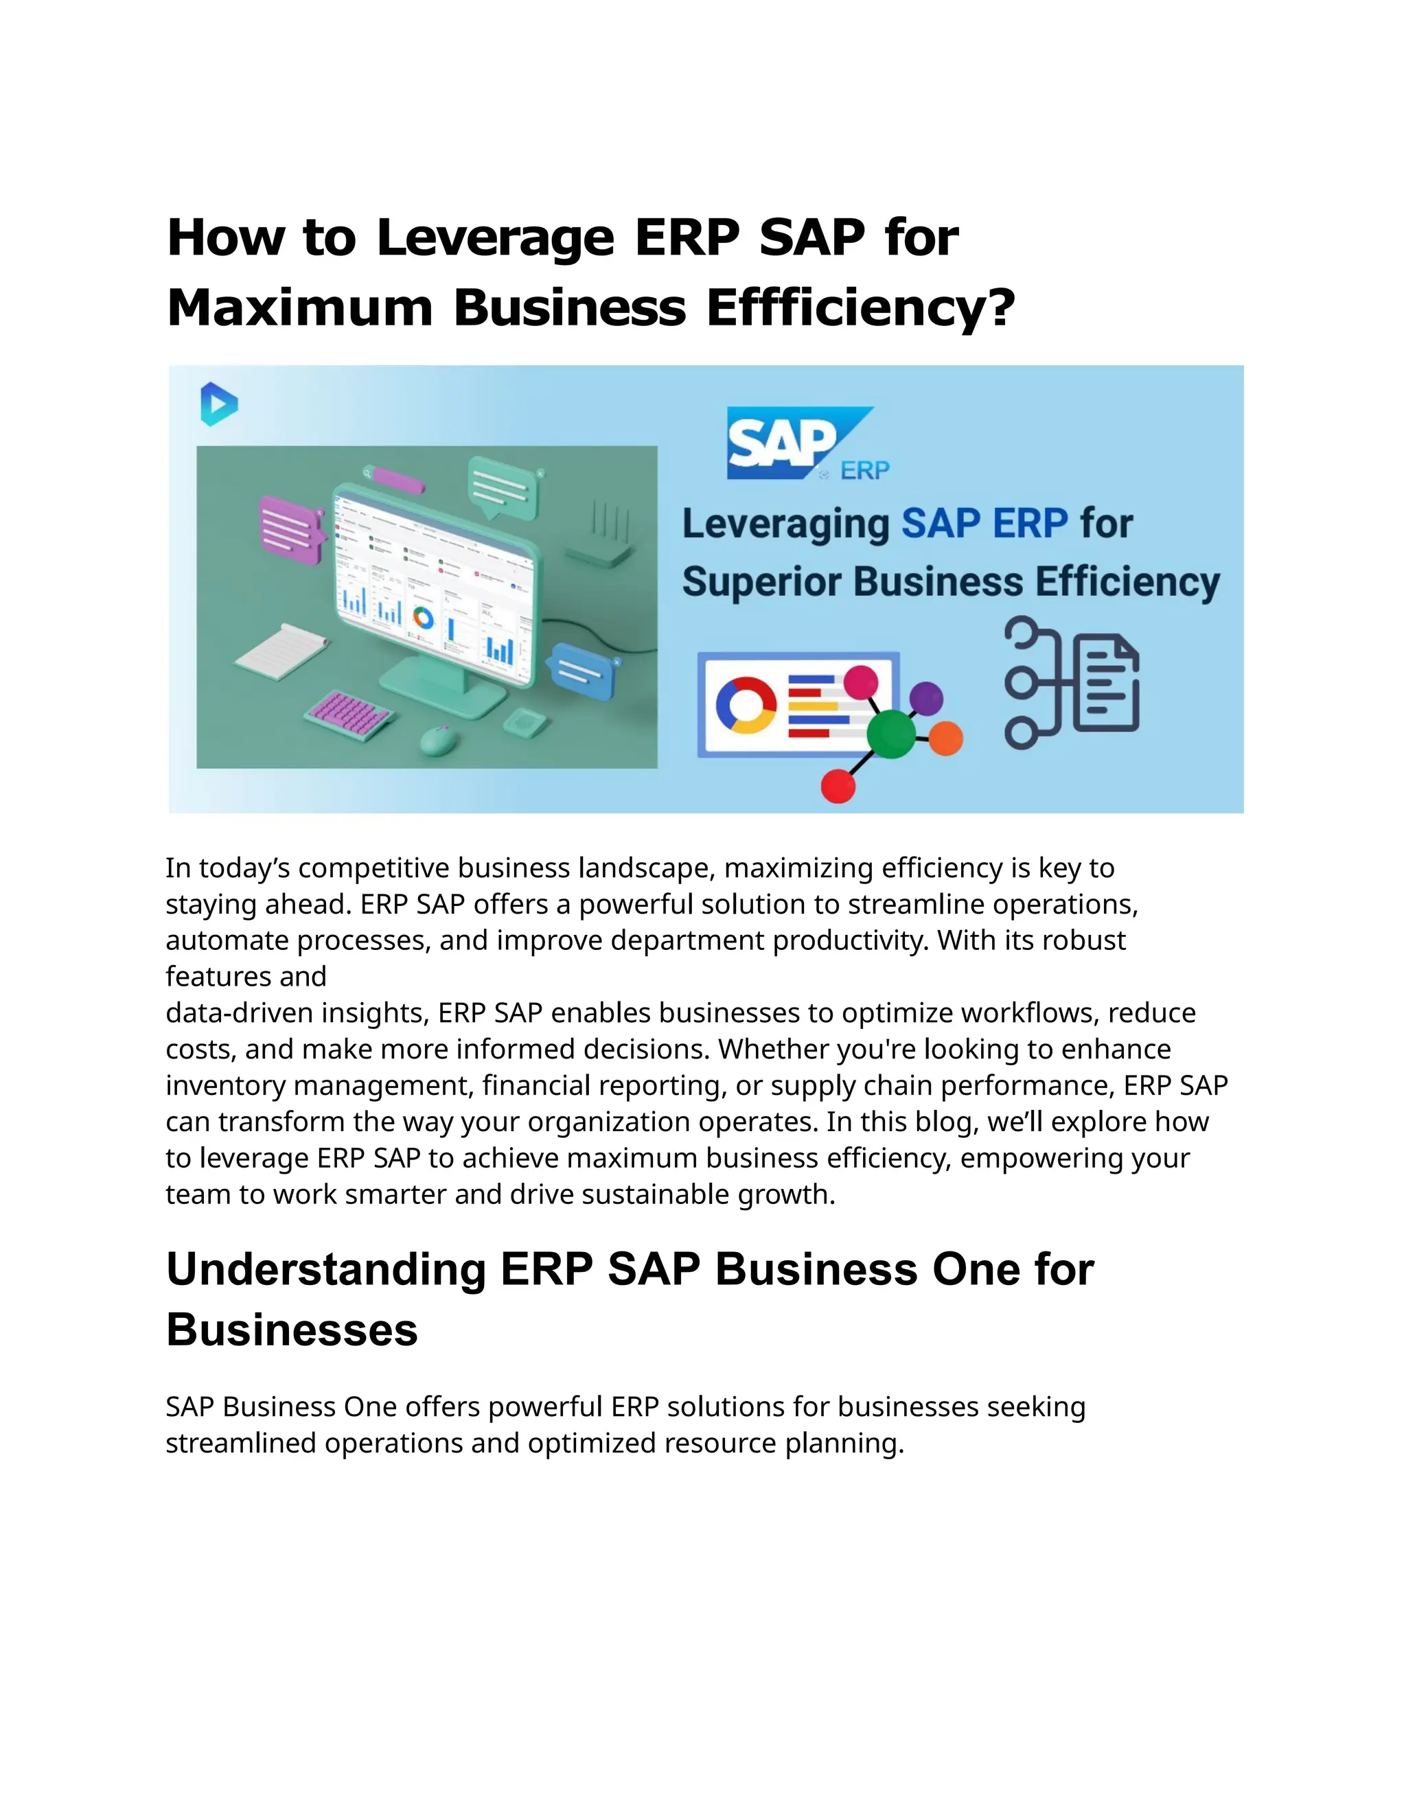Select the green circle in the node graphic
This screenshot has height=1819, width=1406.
coord(890,733)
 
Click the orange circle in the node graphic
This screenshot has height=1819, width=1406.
coord(945,739)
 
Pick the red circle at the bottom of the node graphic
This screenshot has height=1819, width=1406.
coord(838,786)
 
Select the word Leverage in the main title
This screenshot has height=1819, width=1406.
coord(495,237)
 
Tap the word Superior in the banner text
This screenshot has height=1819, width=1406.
coord(761,582)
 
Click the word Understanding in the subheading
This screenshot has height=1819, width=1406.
coord(325,1269)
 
